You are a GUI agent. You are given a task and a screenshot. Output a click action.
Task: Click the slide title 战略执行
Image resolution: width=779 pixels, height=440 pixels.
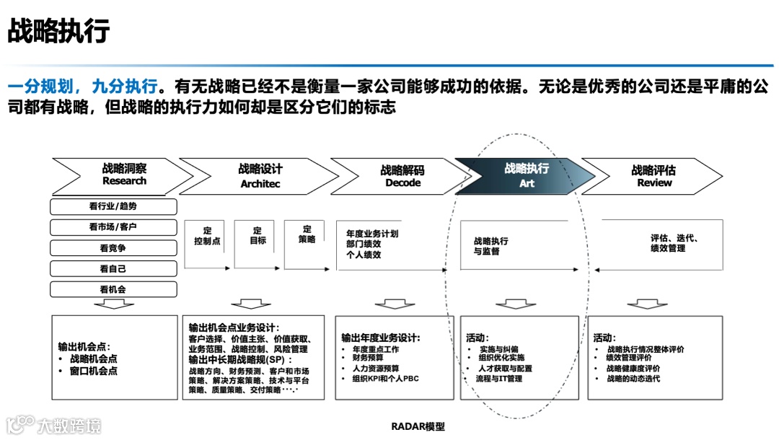click(x=58, y=32)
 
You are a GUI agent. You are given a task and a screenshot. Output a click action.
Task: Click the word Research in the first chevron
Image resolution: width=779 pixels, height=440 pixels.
click(x=124, y=181)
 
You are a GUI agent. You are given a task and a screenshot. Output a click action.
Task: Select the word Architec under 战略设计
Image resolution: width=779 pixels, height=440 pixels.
click(x=260, y=184)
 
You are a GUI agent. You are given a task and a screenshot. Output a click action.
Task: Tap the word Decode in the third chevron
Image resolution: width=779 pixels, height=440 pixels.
click(x=402, y=183)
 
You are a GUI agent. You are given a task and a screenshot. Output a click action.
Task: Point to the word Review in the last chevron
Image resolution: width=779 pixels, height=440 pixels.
click(x=654, y=183)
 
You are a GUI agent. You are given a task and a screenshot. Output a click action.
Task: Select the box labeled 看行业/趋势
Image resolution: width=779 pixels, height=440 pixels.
click(x=113, y=206)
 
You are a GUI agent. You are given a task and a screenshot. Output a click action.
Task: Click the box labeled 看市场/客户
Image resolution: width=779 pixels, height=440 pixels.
click(x=113, y=227)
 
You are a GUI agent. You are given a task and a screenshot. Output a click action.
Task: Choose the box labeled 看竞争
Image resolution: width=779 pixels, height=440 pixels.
click(x=113, y=248)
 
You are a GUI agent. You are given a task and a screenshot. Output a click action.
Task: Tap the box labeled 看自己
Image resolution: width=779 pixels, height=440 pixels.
click(x=113, y=269)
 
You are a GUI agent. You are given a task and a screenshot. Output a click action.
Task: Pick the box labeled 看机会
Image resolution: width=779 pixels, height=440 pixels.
click(x=113, y=289)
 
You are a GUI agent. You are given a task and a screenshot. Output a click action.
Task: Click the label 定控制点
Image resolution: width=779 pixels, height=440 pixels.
click(x=207, y=236)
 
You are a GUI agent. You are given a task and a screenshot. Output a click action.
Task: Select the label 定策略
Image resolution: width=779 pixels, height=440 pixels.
click(x=307, y=234)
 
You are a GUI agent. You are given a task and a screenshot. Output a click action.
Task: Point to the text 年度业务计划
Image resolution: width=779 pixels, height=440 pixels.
click(x=372, y=234)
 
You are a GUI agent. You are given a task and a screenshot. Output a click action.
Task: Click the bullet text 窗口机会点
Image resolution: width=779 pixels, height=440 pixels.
click(x=94, y=371)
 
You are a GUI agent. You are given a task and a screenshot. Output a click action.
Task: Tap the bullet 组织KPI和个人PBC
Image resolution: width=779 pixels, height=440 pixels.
click(x=385, y=378)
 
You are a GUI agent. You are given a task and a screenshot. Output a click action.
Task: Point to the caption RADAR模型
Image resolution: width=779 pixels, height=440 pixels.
click(x=418, y=426)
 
